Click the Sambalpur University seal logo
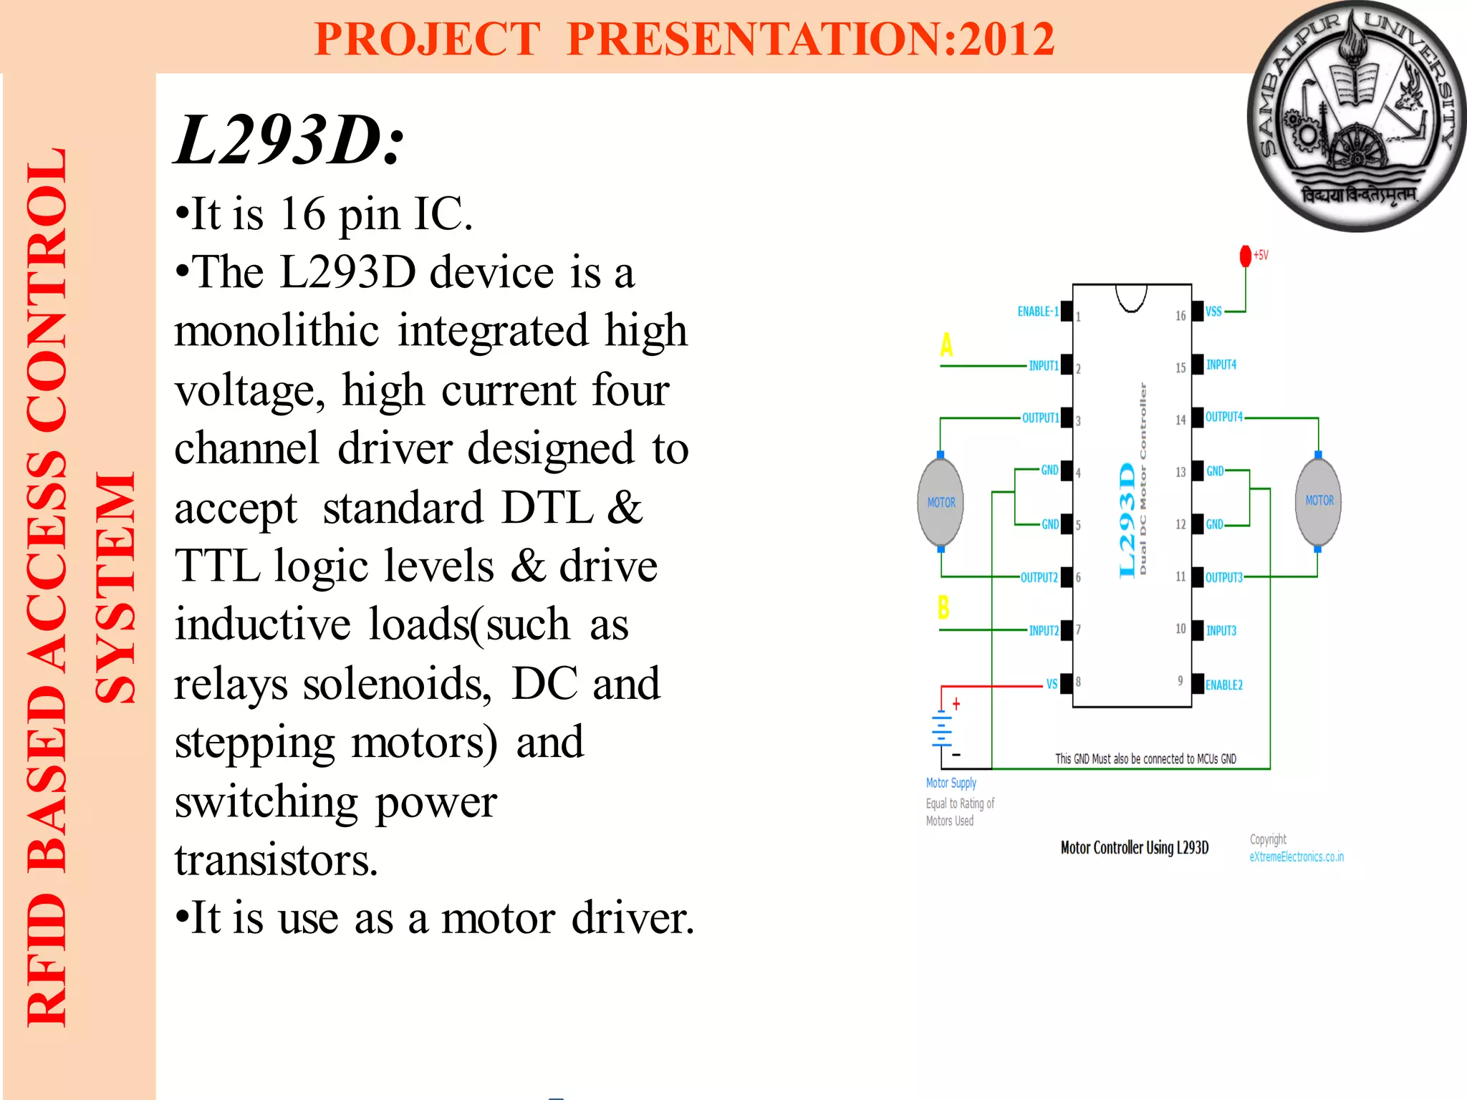pos(1356,117)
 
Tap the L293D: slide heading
pos(290,140)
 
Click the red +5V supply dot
pos(1246,256)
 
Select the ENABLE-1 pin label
pos(1037,312)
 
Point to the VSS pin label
pos(1213,312)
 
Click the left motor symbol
pos(941,502)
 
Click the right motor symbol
pos(1319,501)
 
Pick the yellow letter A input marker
pos(946,345)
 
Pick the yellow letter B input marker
pos(943,607)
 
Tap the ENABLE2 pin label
pos(1223,685)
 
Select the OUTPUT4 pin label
pos(1223,417)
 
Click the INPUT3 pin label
pos(1221,631)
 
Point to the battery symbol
pos(942,730)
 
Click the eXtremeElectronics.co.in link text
pos(1297,857)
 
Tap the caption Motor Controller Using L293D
pos(1134,848)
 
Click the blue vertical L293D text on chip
pos(1127,519)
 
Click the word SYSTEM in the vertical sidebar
pos(115,587)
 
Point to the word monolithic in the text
pos(276,331)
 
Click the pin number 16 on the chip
pos(1180,316)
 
